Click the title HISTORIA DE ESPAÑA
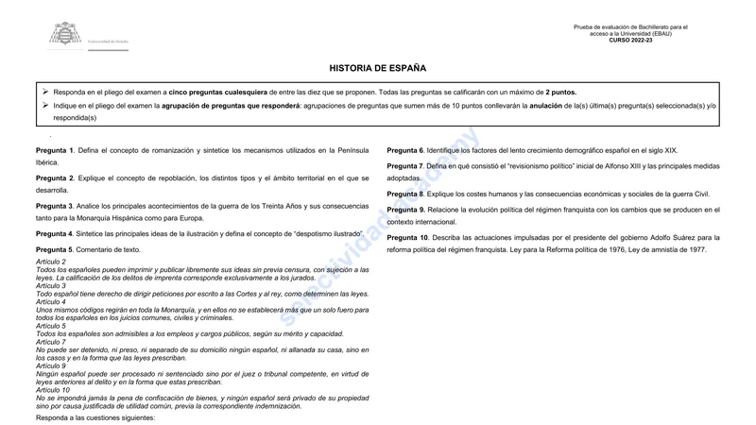(377, 68)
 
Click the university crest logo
(66, 35)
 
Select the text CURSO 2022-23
(630, 41)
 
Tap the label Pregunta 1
(54, 151)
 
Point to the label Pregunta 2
(54, 178)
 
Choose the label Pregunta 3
(54, 206)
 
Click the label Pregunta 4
(54, 233)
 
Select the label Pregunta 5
(54, 249)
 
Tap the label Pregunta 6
(405, 151)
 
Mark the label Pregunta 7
(405, 166)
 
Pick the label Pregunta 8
(405, 195)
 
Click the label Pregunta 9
(405, 210)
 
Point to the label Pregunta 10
(407, 238)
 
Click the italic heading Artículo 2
(51, 262)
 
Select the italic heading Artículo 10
(53, 390)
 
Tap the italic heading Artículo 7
(51, 342)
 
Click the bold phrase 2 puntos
(560, 93)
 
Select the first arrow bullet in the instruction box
(44, 92)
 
